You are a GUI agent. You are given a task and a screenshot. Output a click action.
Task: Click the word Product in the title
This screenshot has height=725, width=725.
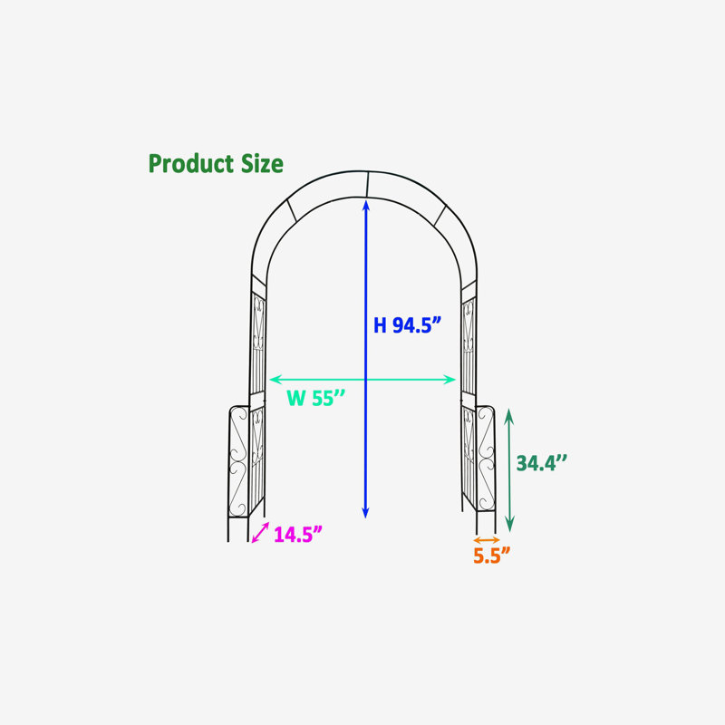191,164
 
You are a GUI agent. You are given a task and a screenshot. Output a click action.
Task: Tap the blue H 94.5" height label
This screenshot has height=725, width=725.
407,325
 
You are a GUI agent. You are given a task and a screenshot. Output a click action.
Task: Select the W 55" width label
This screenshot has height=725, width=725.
315,398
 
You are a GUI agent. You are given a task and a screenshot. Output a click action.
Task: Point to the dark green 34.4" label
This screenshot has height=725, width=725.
541,463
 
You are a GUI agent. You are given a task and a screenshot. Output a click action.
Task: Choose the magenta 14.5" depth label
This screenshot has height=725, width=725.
298,535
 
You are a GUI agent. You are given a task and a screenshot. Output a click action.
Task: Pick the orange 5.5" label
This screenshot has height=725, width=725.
491,556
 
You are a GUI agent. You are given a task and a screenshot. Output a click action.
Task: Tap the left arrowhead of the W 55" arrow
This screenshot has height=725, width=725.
273,380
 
